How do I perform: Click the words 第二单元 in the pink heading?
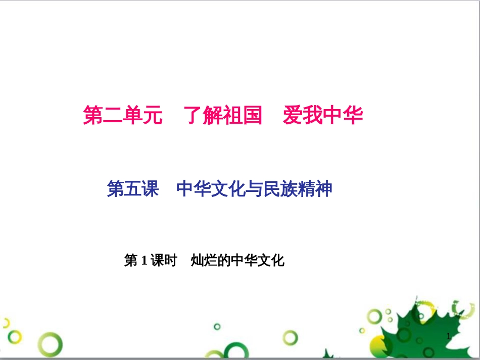click(x=123, y=115)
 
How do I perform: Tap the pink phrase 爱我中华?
click(x=322, y=115)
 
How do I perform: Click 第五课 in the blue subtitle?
click(x=133, y=189)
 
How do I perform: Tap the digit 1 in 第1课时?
click(x=144, y=261)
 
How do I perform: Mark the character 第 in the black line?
click(x=131, y=261)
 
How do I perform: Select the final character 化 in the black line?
click(x=278, y=261)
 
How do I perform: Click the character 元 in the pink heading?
click(x=153, y=115)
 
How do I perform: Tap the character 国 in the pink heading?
click(x=252, y=115)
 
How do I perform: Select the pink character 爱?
click(x=293, y=115)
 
